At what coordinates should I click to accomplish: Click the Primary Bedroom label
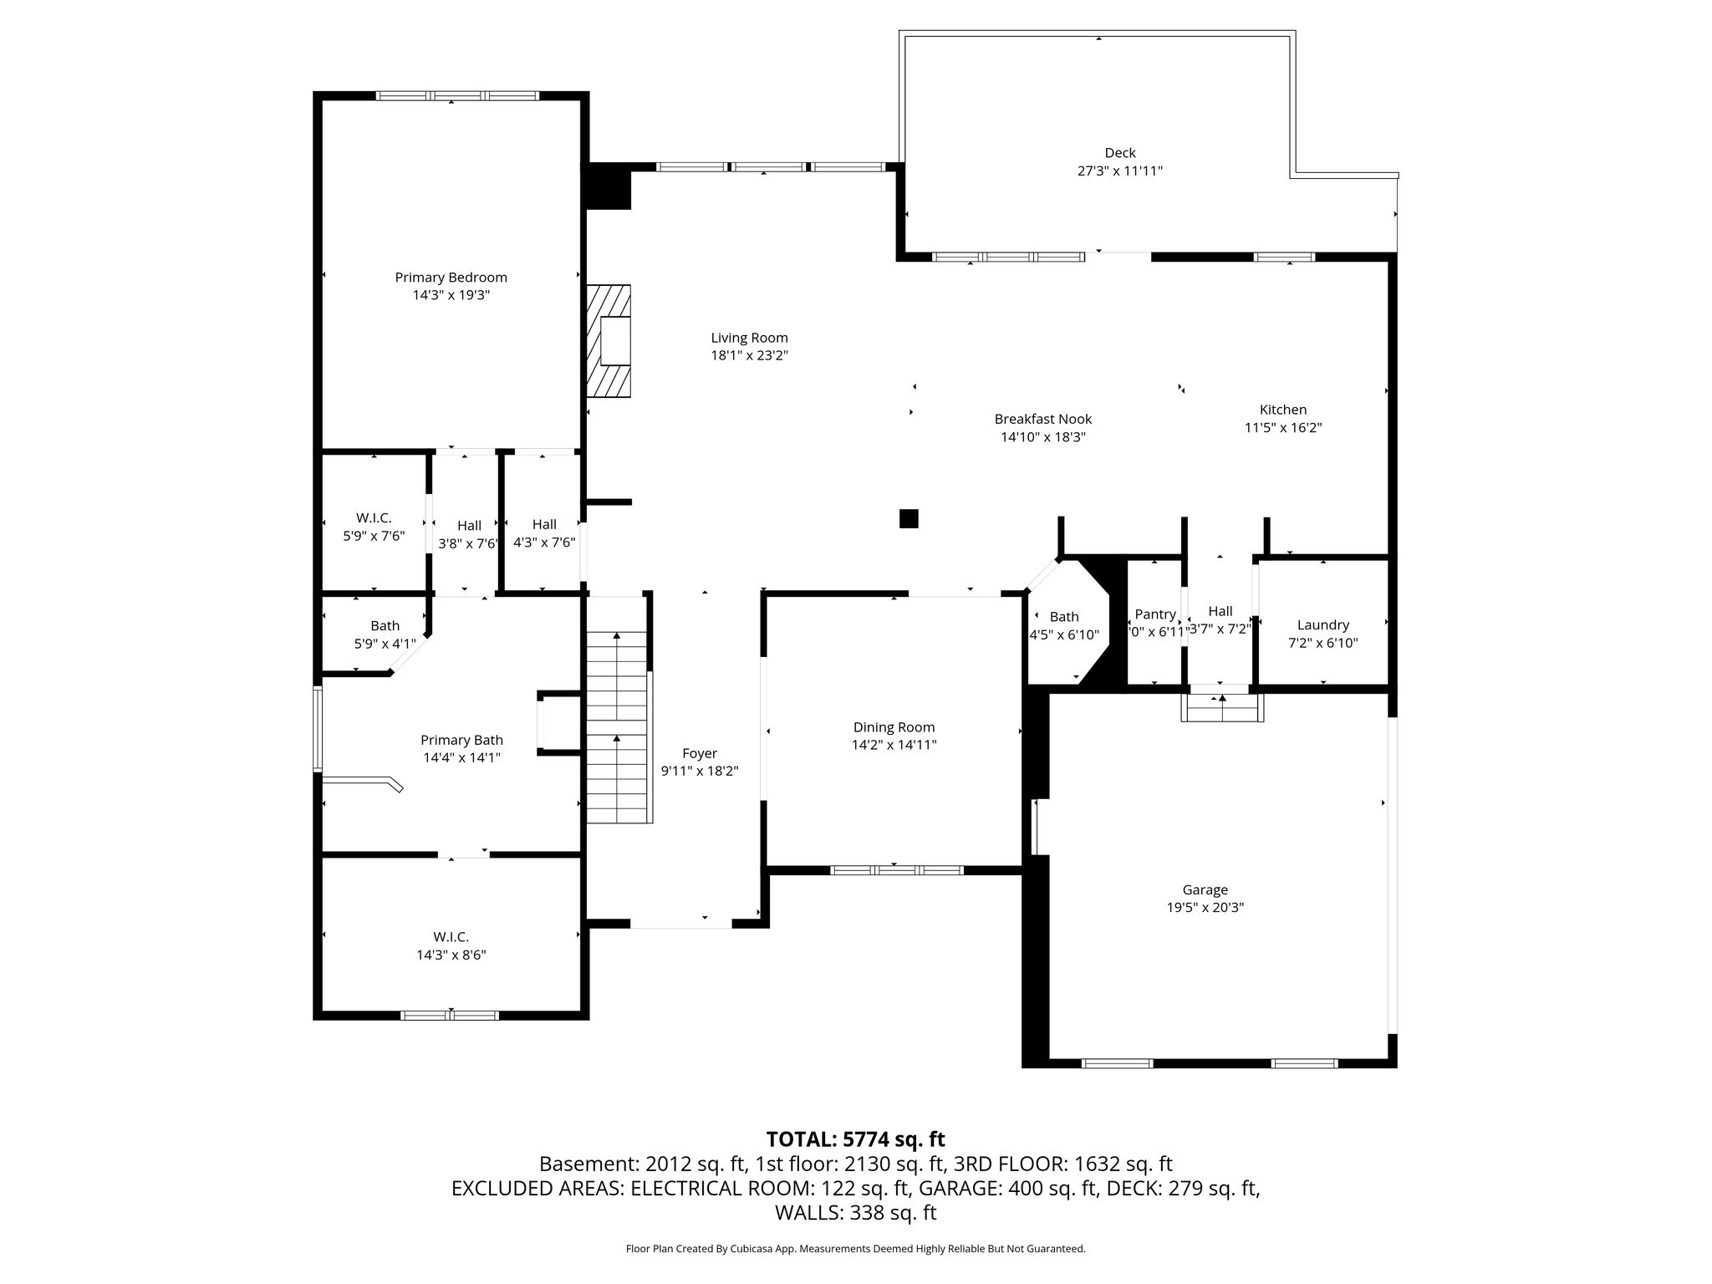451,278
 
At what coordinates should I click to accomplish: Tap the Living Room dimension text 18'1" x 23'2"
749,355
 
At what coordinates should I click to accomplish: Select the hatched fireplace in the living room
608,341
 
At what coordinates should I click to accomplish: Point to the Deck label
1120,153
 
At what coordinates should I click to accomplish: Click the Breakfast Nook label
1043,420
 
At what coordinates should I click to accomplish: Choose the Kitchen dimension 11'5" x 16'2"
1283,428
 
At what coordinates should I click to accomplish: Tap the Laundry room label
1323,625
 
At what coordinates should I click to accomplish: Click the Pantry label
1155,614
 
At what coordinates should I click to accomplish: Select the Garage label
1205,890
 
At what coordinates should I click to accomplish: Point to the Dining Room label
894,727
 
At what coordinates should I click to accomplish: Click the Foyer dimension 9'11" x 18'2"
700,771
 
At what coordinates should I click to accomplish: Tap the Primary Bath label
461,740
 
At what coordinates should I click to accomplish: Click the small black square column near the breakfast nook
909,518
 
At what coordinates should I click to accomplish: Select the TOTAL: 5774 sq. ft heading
856,1139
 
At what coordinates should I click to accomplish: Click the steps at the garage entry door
1222,707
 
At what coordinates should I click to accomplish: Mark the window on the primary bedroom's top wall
458,95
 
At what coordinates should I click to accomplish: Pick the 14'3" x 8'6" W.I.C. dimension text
451,955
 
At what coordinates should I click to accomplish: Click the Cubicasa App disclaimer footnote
856,1249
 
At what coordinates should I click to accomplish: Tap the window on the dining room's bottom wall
897,870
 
